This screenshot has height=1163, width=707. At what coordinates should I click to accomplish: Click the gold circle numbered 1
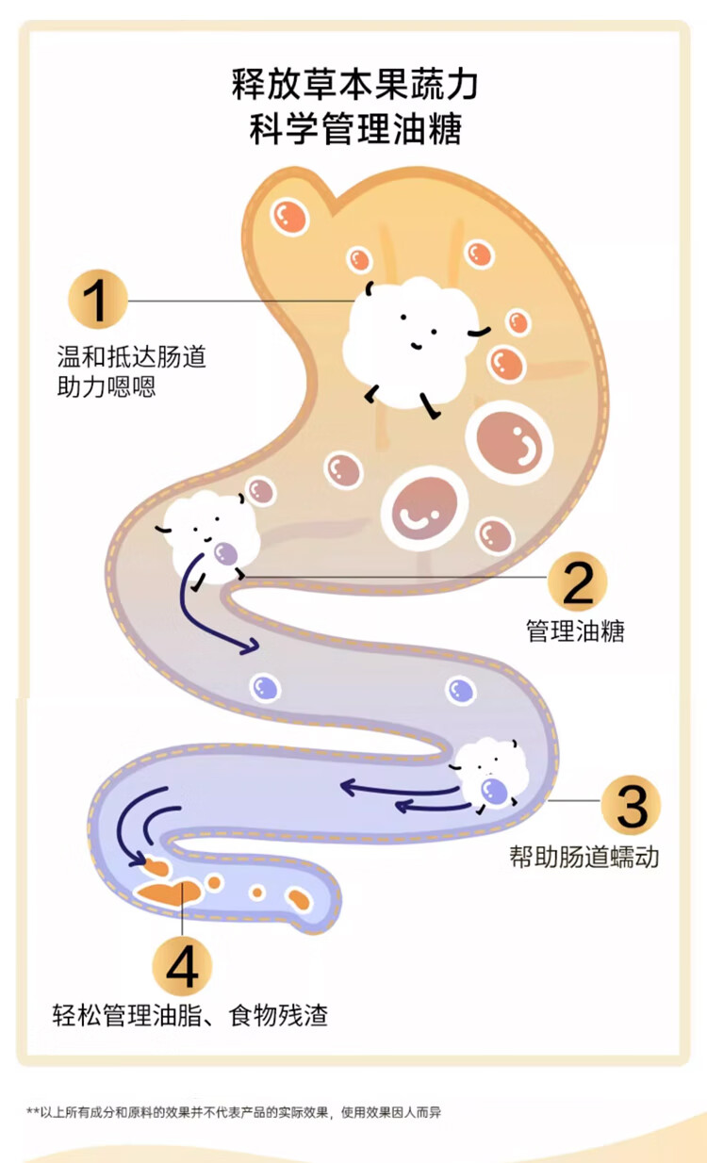pyautogui.click(x=97, y=300)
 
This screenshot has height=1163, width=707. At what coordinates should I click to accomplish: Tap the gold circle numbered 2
pyautogui.click(x=577, y=581)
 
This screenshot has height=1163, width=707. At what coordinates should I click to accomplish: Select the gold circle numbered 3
pyautogui.click(x=631, y=806)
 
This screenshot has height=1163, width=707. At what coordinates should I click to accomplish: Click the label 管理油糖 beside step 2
pyautogui.click(x=575, y=631)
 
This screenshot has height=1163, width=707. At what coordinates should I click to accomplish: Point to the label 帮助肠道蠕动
pyautogui.click(x=584, y=857)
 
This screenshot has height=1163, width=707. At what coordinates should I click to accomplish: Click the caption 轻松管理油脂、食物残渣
pyautogui.click(x=190, y=1016)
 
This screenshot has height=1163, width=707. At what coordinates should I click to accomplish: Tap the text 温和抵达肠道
pyautogui.click(x=131, y=357)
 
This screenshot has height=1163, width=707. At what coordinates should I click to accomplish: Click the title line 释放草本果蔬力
pyautogui.click(x=354, y=85)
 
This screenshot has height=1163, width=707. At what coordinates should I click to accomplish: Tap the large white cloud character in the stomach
pyautogui.click(x=407, y=335)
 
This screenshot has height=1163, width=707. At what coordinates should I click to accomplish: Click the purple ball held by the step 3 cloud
pyautogui.click(x=493, y=791)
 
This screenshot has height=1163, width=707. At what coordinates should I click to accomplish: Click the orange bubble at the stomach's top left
pyautogui.click(x=289, y=217)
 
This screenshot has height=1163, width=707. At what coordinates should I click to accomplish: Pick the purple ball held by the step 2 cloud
pyautogui.click(x=224, y=553)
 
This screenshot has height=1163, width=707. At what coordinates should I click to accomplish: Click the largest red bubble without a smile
pyautogui.click(x=510, y=442)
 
